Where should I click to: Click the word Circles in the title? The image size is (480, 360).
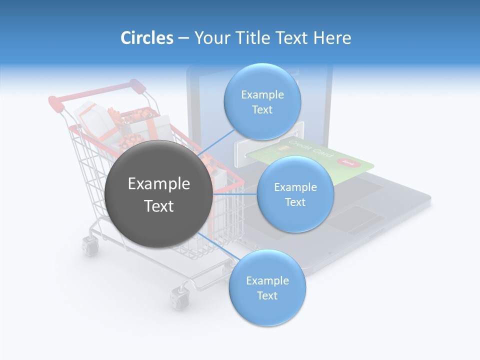click(146, 38)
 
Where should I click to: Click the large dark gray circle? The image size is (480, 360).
click(158, 194)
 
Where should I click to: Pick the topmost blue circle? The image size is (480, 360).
click(262, 102)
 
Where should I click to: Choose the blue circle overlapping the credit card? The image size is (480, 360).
click(295, 194)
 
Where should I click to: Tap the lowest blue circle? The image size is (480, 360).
click(267, 288)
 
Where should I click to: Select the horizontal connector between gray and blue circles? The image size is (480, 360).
click(235, 194)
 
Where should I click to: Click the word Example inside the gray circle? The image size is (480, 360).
click(158, 184)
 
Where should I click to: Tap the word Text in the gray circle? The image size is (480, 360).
click(158, 206)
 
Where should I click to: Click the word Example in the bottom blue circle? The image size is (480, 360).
click(267, 280)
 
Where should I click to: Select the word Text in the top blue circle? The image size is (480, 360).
click(262, 110)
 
